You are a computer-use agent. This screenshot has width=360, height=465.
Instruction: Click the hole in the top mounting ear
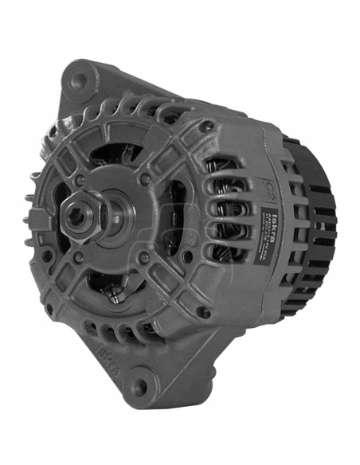tap(78, 80)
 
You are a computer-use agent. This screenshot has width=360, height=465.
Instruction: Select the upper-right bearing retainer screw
tap(145, 180)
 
